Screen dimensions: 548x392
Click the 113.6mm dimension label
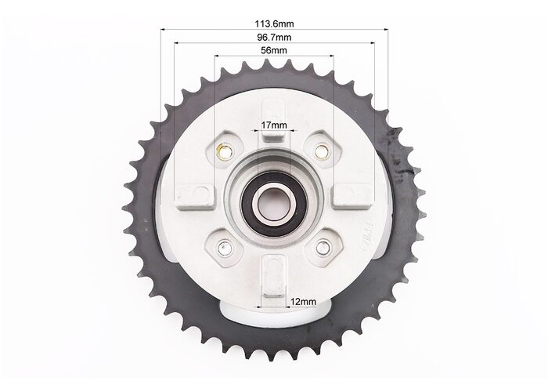(274, 24)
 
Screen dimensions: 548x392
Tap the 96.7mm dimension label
(274, 37)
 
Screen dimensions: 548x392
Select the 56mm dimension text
(274, 50)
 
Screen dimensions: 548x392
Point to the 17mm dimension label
(274, 125)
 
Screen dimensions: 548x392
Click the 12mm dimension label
(304, 301)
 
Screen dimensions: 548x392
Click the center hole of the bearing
(273, 205)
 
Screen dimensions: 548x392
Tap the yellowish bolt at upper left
(224, 151)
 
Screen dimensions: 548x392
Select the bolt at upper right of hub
(322, 151)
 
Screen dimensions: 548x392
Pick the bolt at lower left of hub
(225, 248)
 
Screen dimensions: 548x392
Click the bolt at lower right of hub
(323, 248)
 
